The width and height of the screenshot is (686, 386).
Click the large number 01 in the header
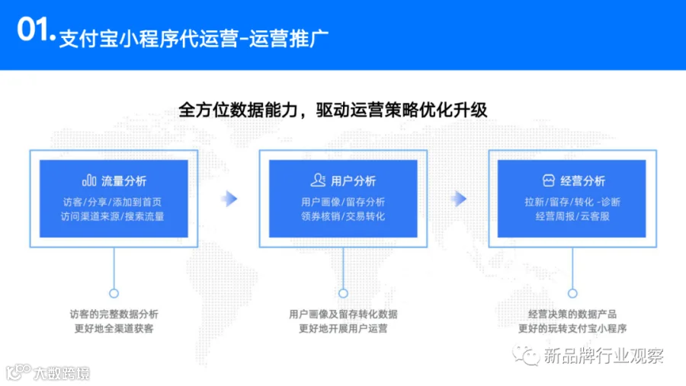(x=33, y=29)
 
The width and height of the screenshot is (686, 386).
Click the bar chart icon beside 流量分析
(x=89, y=180)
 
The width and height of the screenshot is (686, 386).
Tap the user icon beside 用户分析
(x=318, y=180)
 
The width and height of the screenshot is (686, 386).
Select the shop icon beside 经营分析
(x=548, y=180)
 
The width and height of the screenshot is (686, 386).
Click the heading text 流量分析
(x=123, y=180)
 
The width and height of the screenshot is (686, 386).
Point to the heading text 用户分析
(x=353, y=180)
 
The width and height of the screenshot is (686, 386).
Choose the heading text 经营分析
(x=582, y=180)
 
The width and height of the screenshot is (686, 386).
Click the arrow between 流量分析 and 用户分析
(x=229, y=199)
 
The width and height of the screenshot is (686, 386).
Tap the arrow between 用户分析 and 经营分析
(x=459, y=199)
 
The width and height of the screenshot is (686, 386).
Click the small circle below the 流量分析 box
(x=114, y=293)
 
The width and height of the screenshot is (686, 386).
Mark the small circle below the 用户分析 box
(x=343, y=293)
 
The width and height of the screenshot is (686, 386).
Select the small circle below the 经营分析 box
(x=572, y=293)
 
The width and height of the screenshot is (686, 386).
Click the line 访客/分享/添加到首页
(x=113, y=202)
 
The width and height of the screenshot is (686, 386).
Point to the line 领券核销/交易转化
(x=343, y=216)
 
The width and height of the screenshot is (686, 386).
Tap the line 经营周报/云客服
(x=572, y=216)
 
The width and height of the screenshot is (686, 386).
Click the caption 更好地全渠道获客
(x=114, y=328)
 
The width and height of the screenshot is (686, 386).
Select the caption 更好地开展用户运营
(x=343, y=328)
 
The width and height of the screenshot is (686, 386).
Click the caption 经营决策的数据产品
(x=572, y=314)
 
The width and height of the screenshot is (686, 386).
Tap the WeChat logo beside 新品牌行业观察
(x=526, y=355)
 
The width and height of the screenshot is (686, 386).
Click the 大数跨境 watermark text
(x=62, y=373)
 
